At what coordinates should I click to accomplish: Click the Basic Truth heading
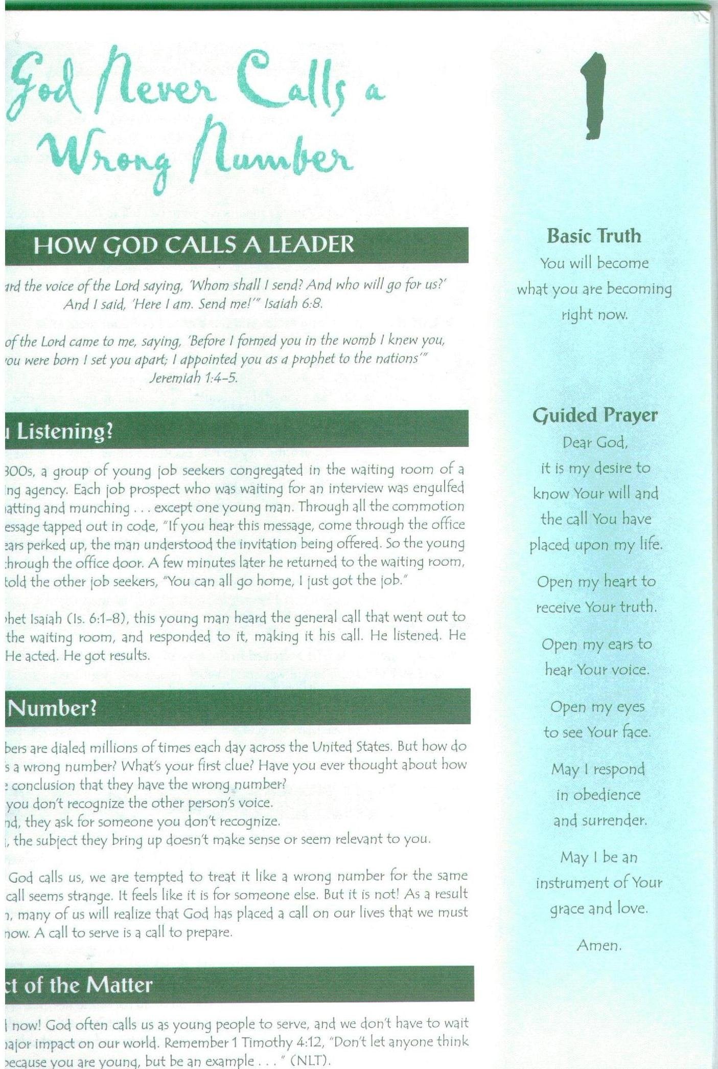coord(594,236)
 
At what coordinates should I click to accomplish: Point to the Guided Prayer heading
coord(595,415)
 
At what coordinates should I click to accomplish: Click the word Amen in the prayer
coord(599,945)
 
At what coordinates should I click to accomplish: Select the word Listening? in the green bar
coord(64,431)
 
